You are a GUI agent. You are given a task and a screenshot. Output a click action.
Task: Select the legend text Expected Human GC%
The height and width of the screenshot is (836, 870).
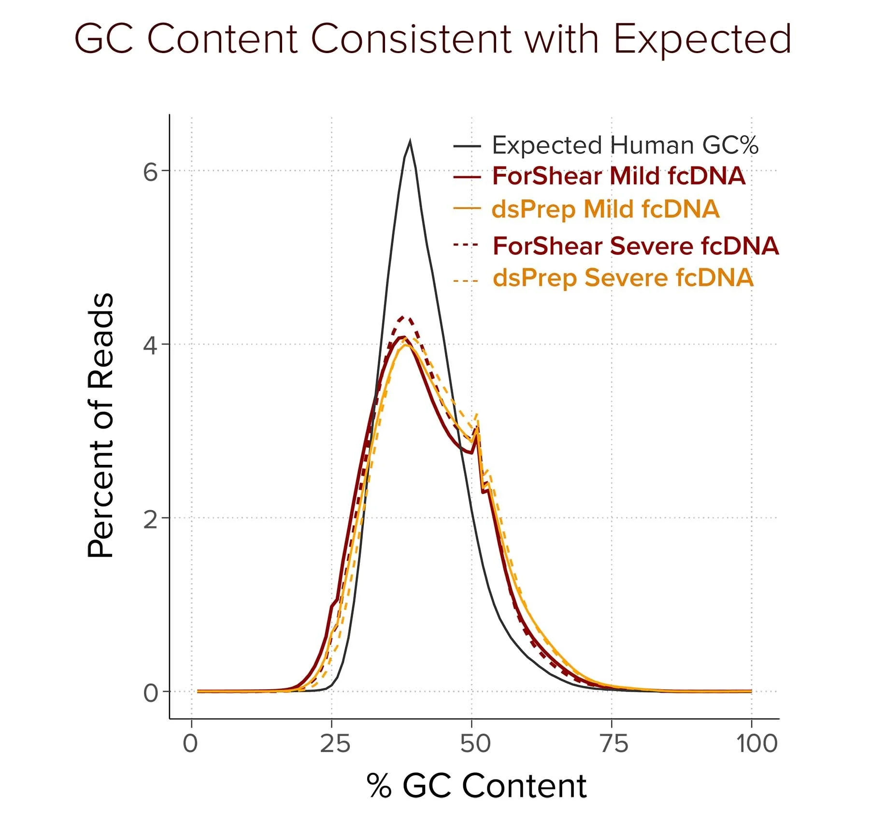pyautogui.click(x=625, y=145)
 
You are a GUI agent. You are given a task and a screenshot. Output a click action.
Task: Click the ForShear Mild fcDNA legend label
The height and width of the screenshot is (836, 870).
pyautogui.click(x=619, y=176)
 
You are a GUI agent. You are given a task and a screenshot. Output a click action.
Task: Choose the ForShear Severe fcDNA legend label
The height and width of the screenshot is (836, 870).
pyautogui.click(x=636, y=246)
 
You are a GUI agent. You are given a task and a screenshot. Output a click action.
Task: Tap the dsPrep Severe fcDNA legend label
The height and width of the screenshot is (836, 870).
pyautogui.click(x=623, y=278)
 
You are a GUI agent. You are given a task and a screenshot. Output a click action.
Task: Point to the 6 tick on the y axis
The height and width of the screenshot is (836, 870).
pyautogui.click(x=150, y=172)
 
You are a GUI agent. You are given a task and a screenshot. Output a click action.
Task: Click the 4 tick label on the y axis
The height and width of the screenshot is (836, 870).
pyautogui.click(x=150, y=345)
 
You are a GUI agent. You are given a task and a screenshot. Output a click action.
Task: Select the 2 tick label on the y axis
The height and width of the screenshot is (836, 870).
pyautogui.click(x=150, y=519)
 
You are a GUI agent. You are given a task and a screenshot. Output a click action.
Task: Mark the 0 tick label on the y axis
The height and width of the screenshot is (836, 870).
pyautogui.click(x=150, y=693)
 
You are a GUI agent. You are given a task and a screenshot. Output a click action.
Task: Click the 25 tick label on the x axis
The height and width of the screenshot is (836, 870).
pyautogui.click(x=335, y=744)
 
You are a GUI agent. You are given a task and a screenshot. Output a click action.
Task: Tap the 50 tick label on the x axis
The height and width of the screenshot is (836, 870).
pyautogui.click(x=475, y=744)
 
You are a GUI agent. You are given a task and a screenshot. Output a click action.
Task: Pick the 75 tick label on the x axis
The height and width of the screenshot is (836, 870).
pyautogui.click(x=614, y=744)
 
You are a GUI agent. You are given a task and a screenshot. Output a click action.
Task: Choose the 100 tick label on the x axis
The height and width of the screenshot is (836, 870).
pyautogui.click(x=757, y=744)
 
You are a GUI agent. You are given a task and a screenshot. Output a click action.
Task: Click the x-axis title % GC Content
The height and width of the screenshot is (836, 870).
pyautogui.click(x=476, y=786)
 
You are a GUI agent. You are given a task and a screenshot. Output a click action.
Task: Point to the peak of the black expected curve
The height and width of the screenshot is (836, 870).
pyautogui.click(x=410, y=141)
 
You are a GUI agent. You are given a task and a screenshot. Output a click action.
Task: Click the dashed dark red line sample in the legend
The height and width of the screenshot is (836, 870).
pyautogui.click(x=466, y=245)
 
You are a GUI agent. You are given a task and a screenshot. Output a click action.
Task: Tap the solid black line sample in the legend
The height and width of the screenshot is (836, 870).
pyautogui.click(x=467, y=145)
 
